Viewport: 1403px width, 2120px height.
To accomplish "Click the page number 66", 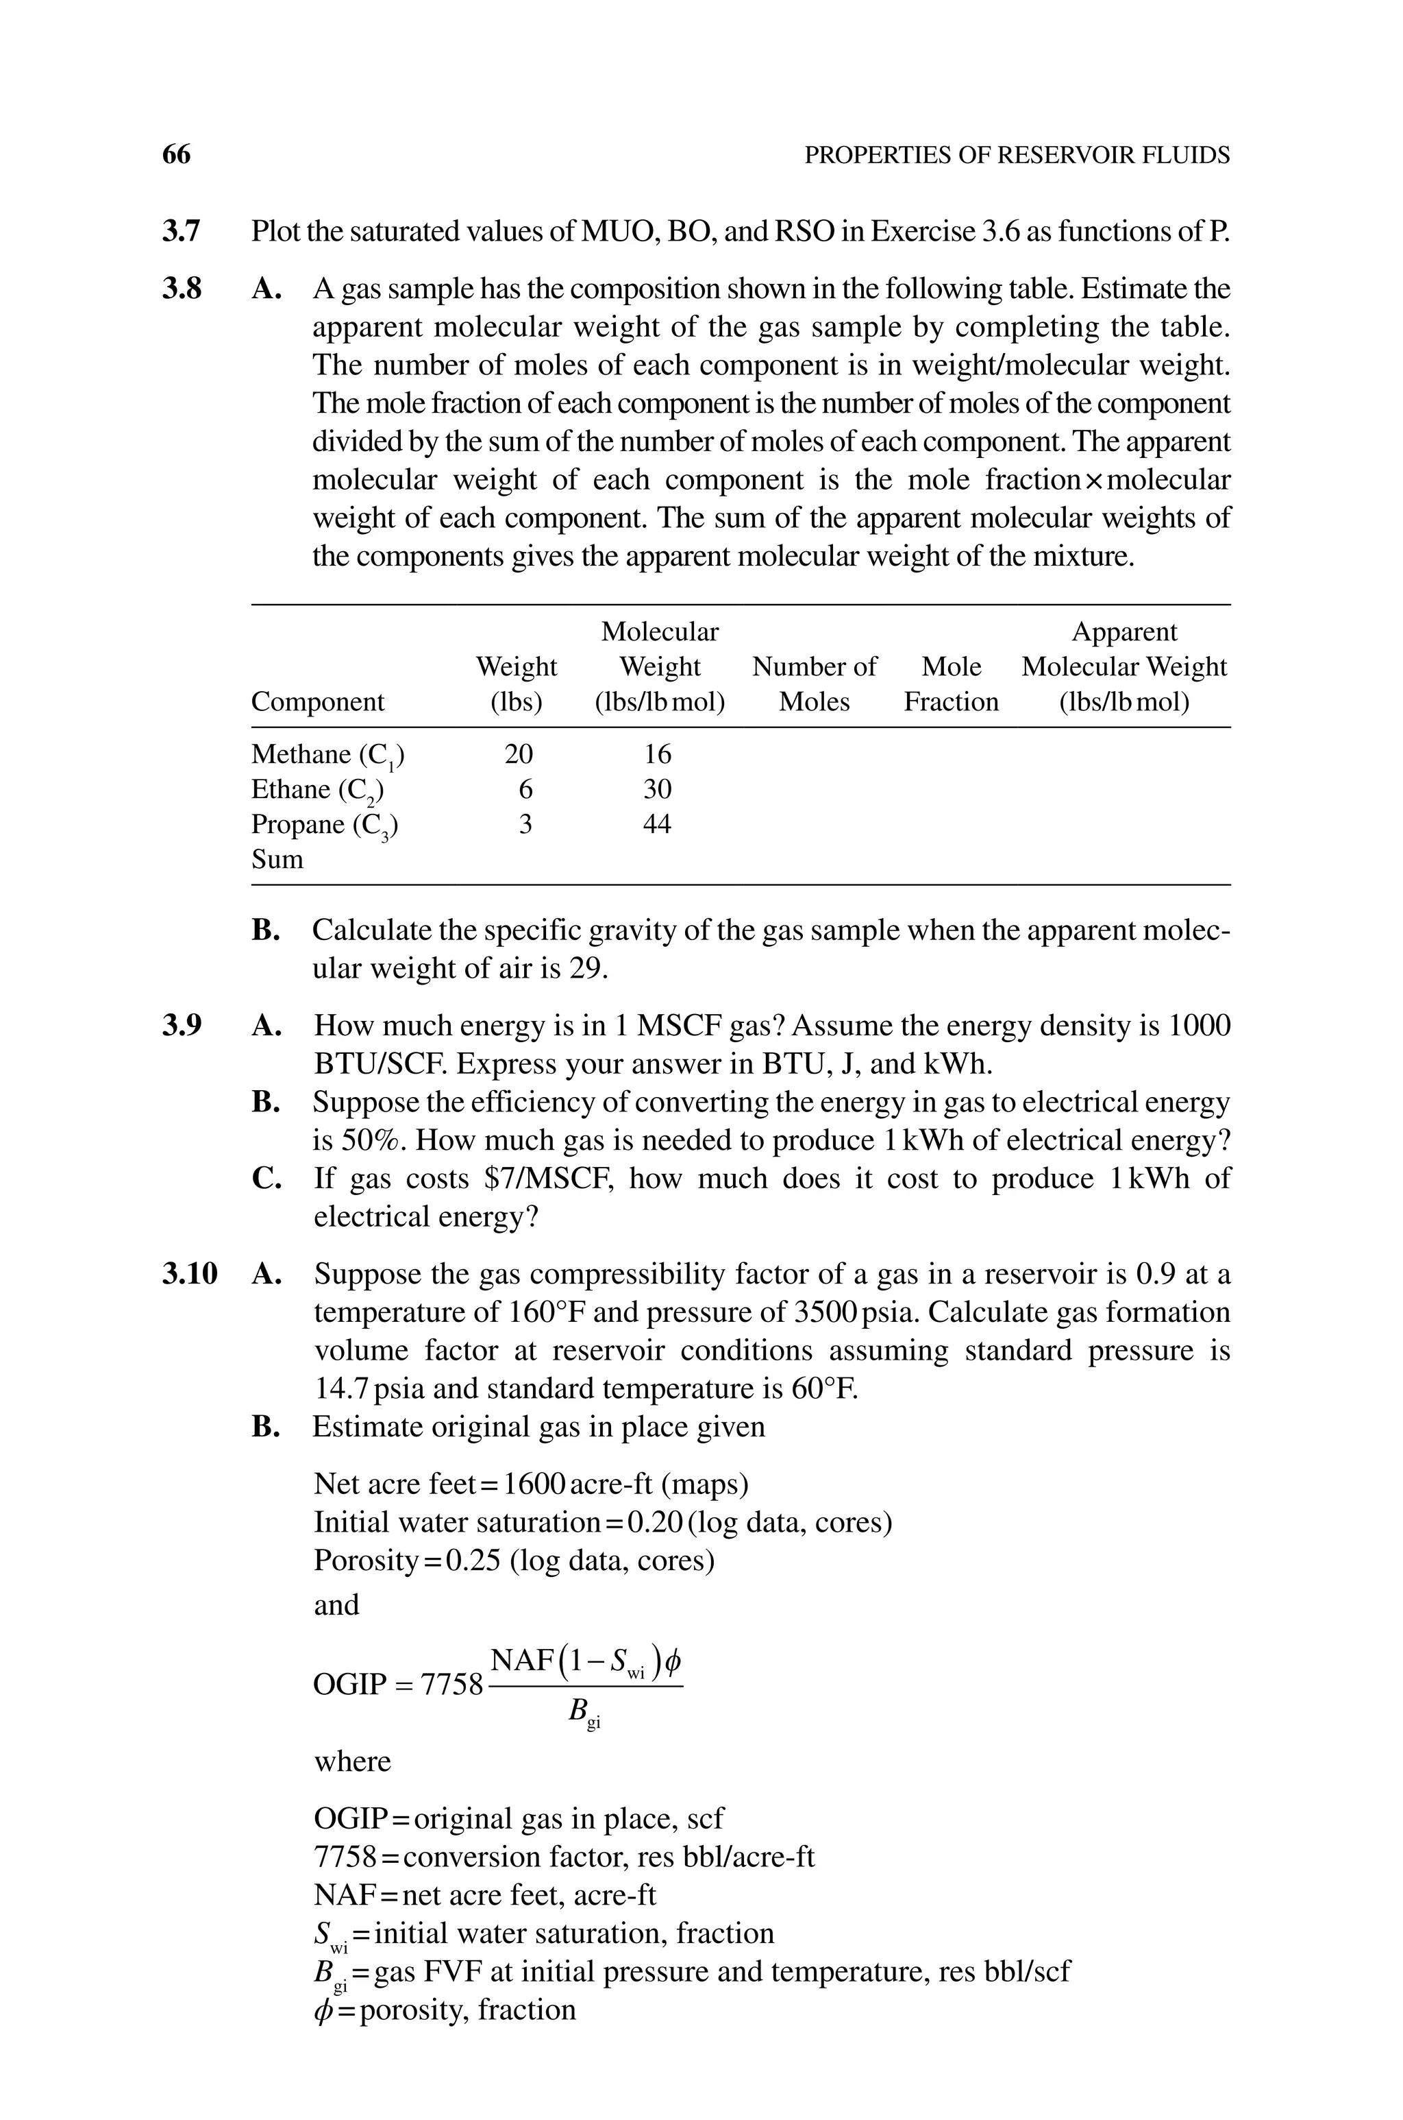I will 176,155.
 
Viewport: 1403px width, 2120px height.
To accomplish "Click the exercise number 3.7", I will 182,232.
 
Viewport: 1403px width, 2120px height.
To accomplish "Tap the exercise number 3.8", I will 182,289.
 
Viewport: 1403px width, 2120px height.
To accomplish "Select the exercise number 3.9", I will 182,1025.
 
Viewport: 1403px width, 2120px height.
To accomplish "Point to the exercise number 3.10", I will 190,1274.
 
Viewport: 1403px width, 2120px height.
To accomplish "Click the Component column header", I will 318,702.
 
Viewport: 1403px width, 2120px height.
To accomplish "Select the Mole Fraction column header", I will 951,684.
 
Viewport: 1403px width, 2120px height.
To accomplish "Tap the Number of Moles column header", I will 815,684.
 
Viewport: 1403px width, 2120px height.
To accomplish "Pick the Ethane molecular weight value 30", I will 658,790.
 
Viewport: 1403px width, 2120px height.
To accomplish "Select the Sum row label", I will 277,860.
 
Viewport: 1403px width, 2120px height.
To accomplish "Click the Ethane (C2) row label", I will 318,791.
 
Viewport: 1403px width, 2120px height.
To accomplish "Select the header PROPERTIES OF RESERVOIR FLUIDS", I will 1017,156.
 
